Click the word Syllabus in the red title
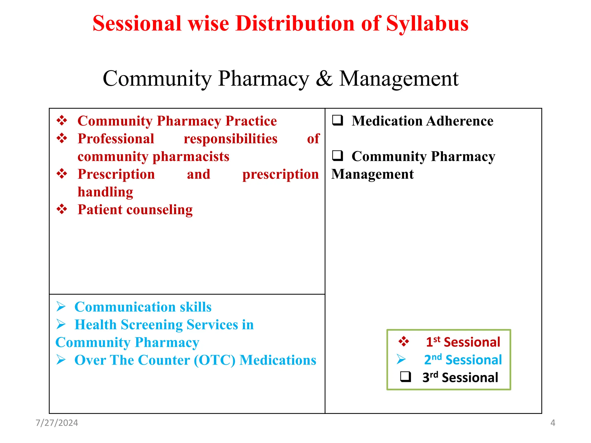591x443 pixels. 427,24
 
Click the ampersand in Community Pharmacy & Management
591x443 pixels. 324,79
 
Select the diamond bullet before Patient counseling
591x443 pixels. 62,209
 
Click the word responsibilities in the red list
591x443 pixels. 230,139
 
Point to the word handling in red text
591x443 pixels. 105,192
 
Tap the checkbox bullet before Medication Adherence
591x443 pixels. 337,120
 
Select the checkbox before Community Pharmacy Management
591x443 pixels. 337,156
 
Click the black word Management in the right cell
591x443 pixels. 372,174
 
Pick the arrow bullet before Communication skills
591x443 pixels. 61,306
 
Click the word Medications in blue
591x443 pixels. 278,360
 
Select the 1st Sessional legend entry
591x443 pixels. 463,342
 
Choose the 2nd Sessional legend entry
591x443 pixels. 463,360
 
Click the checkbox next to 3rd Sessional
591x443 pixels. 405,377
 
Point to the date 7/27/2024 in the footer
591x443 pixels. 57,423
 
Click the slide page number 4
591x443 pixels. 553,423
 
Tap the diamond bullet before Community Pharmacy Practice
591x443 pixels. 62,120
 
